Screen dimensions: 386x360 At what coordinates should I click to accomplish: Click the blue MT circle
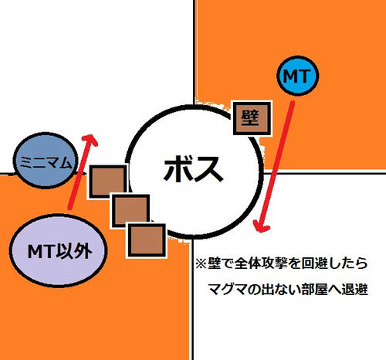pyautogui.click(x=298, y=76)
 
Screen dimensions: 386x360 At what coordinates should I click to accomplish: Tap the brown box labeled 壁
pyautogui.click(x=252, y=117)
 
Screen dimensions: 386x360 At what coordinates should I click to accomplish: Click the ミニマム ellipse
pyautogui.click(x=46, y=161)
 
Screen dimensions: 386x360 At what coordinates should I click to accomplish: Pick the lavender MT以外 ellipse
pyautogui.click(x=59, y=250)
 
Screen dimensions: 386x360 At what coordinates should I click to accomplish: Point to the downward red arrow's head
pyautogui.click(x=261, y=226)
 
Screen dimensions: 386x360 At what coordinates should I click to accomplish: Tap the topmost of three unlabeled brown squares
pyautogui.click(x=108, y=182)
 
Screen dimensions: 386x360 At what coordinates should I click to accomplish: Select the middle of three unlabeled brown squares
pyautogui.click(x=130, y=211)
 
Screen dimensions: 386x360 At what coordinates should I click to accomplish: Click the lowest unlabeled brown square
pyautogui.click(x=147, y=240)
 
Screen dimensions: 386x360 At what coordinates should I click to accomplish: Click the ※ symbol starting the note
pyautogui.click(x=201, y=263)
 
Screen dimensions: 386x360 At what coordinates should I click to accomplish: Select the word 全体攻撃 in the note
pyautogui.click(x=261, y=263)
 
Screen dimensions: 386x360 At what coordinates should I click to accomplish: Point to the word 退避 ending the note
pyautogui.click(x=354, y=289)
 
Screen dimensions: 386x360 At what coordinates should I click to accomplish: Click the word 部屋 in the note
pyautogui.click(x=314, y=289)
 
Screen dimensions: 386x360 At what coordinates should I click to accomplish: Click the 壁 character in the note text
pyautogui.click(x=214, y=263)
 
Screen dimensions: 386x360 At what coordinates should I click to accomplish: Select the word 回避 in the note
pyautogui.click(x=314, y=263)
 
